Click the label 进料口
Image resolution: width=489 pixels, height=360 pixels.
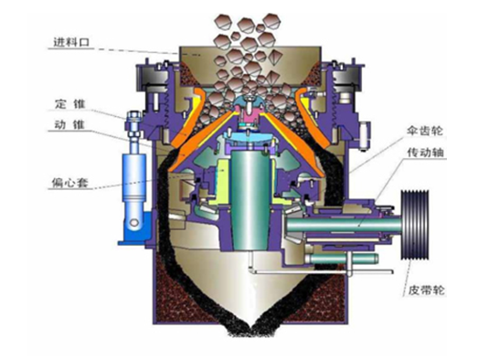tap(71, 42)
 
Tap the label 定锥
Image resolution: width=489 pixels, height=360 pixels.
tap(69, 104)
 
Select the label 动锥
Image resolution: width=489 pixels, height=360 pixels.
tap(69, 124)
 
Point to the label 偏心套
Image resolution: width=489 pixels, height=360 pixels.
tap(70, 182)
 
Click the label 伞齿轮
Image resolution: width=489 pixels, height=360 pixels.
tap(425, 131)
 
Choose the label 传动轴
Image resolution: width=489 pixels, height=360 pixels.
tap(425, 153)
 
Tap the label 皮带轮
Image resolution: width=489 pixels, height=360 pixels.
tap(426, 291)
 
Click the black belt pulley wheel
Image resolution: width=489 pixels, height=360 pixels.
tap(415, 225)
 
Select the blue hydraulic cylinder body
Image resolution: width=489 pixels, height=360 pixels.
tap(133, 177)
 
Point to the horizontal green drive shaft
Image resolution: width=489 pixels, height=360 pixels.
tap(343, 225)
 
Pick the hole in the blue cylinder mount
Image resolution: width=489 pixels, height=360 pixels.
tap(135, 222)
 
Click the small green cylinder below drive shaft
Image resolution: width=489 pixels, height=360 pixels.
tap(343, 259)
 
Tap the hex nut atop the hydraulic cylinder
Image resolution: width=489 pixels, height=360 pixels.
tap(133, 118)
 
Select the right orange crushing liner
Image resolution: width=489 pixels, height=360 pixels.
tap(307, 131)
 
